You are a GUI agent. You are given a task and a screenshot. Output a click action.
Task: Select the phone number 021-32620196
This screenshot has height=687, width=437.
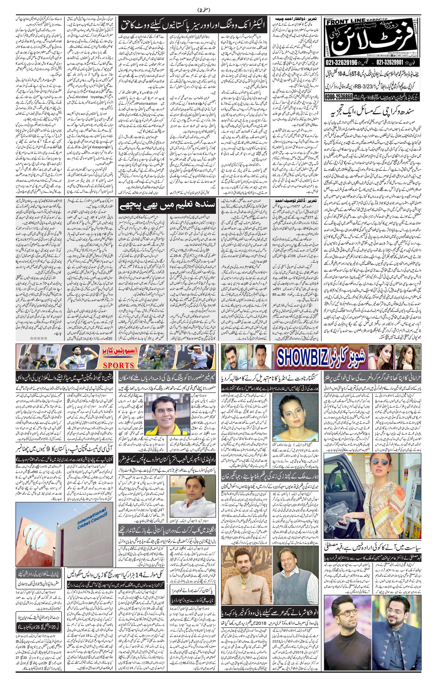341,62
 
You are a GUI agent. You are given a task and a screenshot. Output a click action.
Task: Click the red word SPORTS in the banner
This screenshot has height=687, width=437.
119,365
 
